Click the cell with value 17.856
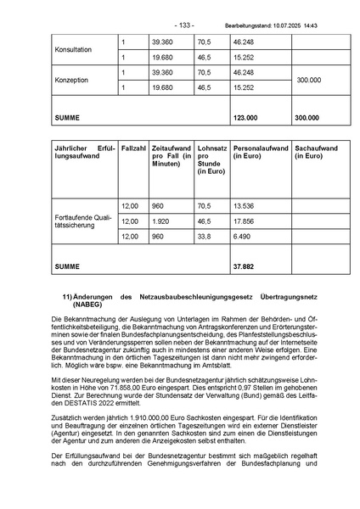[244, 221]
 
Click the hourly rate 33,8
[204, 237]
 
